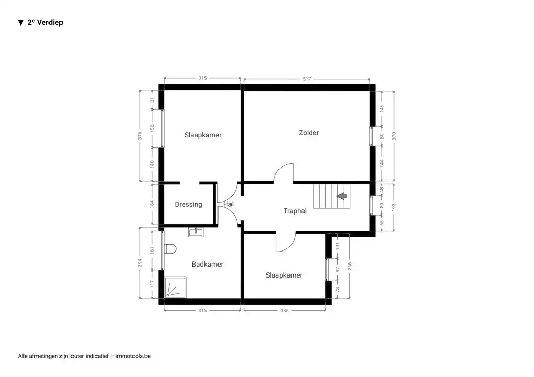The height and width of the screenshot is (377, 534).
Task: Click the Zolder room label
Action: pyautogui.click(x=309, y=133)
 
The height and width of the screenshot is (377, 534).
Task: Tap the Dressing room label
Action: pyautogui.click(x=188, y=205)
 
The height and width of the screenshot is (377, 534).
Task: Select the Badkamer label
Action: pyautogui.click(x=207, y=265)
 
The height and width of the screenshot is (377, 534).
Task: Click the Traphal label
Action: pyautogui.click(x=295, y=211)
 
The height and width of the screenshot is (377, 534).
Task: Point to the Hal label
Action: pyautogui.click(x=228, y=204)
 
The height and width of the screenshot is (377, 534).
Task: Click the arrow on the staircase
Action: pyautogui.click(x=342, y=196)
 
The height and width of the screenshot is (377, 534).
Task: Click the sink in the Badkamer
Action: pyautogui.click(x=196, y=232)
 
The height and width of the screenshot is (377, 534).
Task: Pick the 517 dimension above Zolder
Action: pyautogui.click(x=307, y=79)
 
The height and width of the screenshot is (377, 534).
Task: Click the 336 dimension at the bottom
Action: pyautogui.click(x=284, y=311)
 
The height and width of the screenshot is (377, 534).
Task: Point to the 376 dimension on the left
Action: pyautogui.click(x=140, y=135)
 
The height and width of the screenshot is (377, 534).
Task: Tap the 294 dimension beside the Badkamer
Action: pyautogui.click(x=140, y=263)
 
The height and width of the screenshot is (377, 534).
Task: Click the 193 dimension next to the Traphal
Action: pyautogui.click(x=394, y=207)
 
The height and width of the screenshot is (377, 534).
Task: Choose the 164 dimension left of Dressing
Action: pyautogui.click(x=153, y=204)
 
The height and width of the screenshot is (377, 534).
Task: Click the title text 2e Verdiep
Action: pyautogui.click(x=45, y=23)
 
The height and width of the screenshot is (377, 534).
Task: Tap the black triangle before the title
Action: pyautogui.click(x=21, y=23)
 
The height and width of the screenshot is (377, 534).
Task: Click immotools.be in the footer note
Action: pyautogui.click(x=134, y=356)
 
